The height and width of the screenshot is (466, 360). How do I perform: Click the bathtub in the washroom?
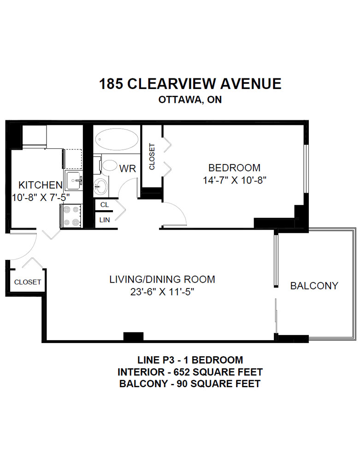117,139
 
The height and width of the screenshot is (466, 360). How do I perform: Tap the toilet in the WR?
107,165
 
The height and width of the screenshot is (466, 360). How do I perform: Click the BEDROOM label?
234,168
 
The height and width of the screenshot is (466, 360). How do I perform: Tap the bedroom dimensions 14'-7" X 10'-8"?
234,180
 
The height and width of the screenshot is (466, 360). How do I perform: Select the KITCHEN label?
41,185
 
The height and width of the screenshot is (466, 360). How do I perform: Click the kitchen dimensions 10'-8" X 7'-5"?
41,197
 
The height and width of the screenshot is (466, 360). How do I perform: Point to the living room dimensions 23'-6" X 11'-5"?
162,292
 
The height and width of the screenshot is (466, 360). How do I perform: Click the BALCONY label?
314,286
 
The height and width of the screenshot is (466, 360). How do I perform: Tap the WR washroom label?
128,169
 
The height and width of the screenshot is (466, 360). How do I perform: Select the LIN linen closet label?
105,220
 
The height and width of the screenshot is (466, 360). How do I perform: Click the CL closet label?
105,205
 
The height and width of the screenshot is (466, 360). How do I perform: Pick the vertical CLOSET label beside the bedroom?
152,157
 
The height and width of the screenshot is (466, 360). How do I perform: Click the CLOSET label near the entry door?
28,282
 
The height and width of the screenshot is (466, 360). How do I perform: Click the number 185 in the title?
111,84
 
